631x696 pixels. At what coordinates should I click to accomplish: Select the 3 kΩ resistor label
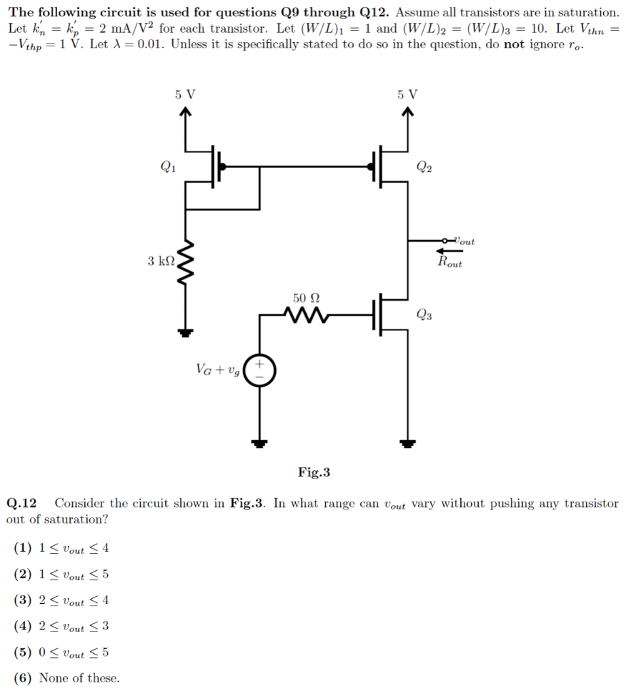pos(160,260)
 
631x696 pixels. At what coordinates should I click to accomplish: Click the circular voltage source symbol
pos(259,370)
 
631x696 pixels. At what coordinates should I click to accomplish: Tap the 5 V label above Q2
pos(407,95)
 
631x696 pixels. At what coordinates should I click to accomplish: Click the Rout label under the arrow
pos(449,262)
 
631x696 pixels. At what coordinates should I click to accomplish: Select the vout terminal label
pos(464,241)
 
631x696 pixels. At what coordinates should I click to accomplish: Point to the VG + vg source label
pos(218,370)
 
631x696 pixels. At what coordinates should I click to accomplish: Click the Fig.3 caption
pos(313,472)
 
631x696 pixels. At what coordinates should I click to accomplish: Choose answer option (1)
pos(61,549)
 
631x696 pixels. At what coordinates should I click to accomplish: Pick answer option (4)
pos(61,626)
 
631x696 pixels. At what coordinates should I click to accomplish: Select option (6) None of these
pos(67,678)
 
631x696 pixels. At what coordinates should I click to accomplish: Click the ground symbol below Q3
pos(407,443)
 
